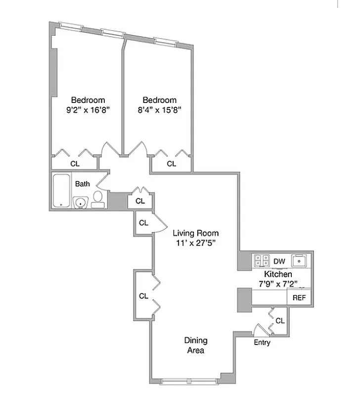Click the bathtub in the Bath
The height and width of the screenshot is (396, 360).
click(61, 191)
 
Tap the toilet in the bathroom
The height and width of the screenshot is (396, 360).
click(97, 199)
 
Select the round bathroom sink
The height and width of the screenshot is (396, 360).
click(80, 202)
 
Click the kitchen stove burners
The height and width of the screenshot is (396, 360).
click(261, 260)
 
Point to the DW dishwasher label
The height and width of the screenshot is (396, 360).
click(279, 261)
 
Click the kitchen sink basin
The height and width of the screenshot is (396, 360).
click(300, 260)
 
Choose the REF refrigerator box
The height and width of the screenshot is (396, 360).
click(299, 298)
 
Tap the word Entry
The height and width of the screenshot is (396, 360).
click(262, 343)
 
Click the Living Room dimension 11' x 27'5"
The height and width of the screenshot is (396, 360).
click(195, 243)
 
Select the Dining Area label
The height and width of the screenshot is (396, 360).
click(195, 346)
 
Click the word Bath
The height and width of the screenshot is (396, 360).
click(83, 184)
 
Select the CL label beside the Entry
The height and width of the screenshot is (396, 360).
click(280, 321)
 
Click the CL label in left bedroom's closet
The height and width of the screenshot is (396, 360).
click(75, 163)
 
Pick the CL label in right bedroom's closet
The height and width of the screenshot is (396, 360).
click(171, 163)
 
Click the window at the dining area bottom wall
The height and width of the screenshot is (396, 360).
click(190, 381)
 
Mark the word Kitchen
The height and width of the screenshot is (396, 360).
click(278, 274)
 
